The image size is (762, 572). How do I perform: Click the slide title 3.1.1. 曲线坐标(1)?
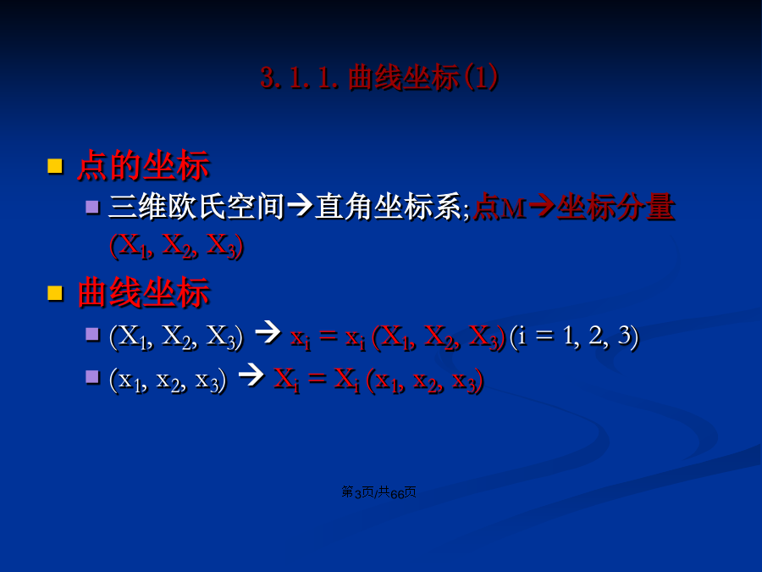coord(379,77)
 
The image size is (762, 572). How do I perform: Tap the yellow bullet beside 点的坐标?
coord(55,166)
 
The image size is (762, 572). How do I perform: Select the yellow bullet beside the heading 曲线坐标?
coord(55,293)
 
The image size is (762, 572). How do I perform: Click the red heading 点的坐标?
coord(143,165)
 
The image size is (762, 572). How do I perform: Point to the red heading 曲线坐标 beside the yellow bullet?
coord(143,292)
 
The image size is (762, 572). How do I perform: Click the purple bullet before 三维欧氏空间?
coord(92,207)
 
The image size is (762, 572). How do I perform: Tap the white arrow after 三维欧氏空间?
coord(300,206)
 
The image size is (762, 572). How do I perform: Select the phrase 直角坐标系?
coord(388,206)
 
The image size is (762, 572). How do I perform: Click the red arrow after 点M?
coord(543,206)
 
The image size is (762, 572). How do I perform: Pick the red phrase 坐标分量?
coord(616,206)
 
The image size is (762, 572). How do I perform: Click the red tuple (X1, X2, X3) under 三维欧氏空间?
coord(176,246)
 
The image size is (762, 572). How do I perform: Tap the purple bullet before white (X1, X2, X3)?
coord(92,334)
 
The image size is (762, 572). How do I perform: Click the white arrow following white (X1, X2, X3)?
coord(268,332)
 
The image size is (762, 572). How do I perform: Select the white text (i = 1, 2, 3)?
coord(574,336)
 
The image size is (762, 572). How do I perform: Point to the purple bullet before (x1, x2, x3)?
coord(92,377)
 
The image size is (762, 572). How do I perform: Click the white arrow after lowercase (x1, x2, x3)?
coord(251,375)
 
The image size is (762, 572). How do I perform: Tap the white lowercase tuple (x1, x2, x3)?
coord(168,380)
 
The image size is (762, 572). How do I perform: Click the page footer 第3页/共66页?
coord(378,492)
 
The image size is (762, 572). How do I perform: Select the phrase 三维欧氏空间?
coord(196,206)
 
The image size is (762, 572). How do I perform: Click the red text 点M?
coord(500,206)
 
